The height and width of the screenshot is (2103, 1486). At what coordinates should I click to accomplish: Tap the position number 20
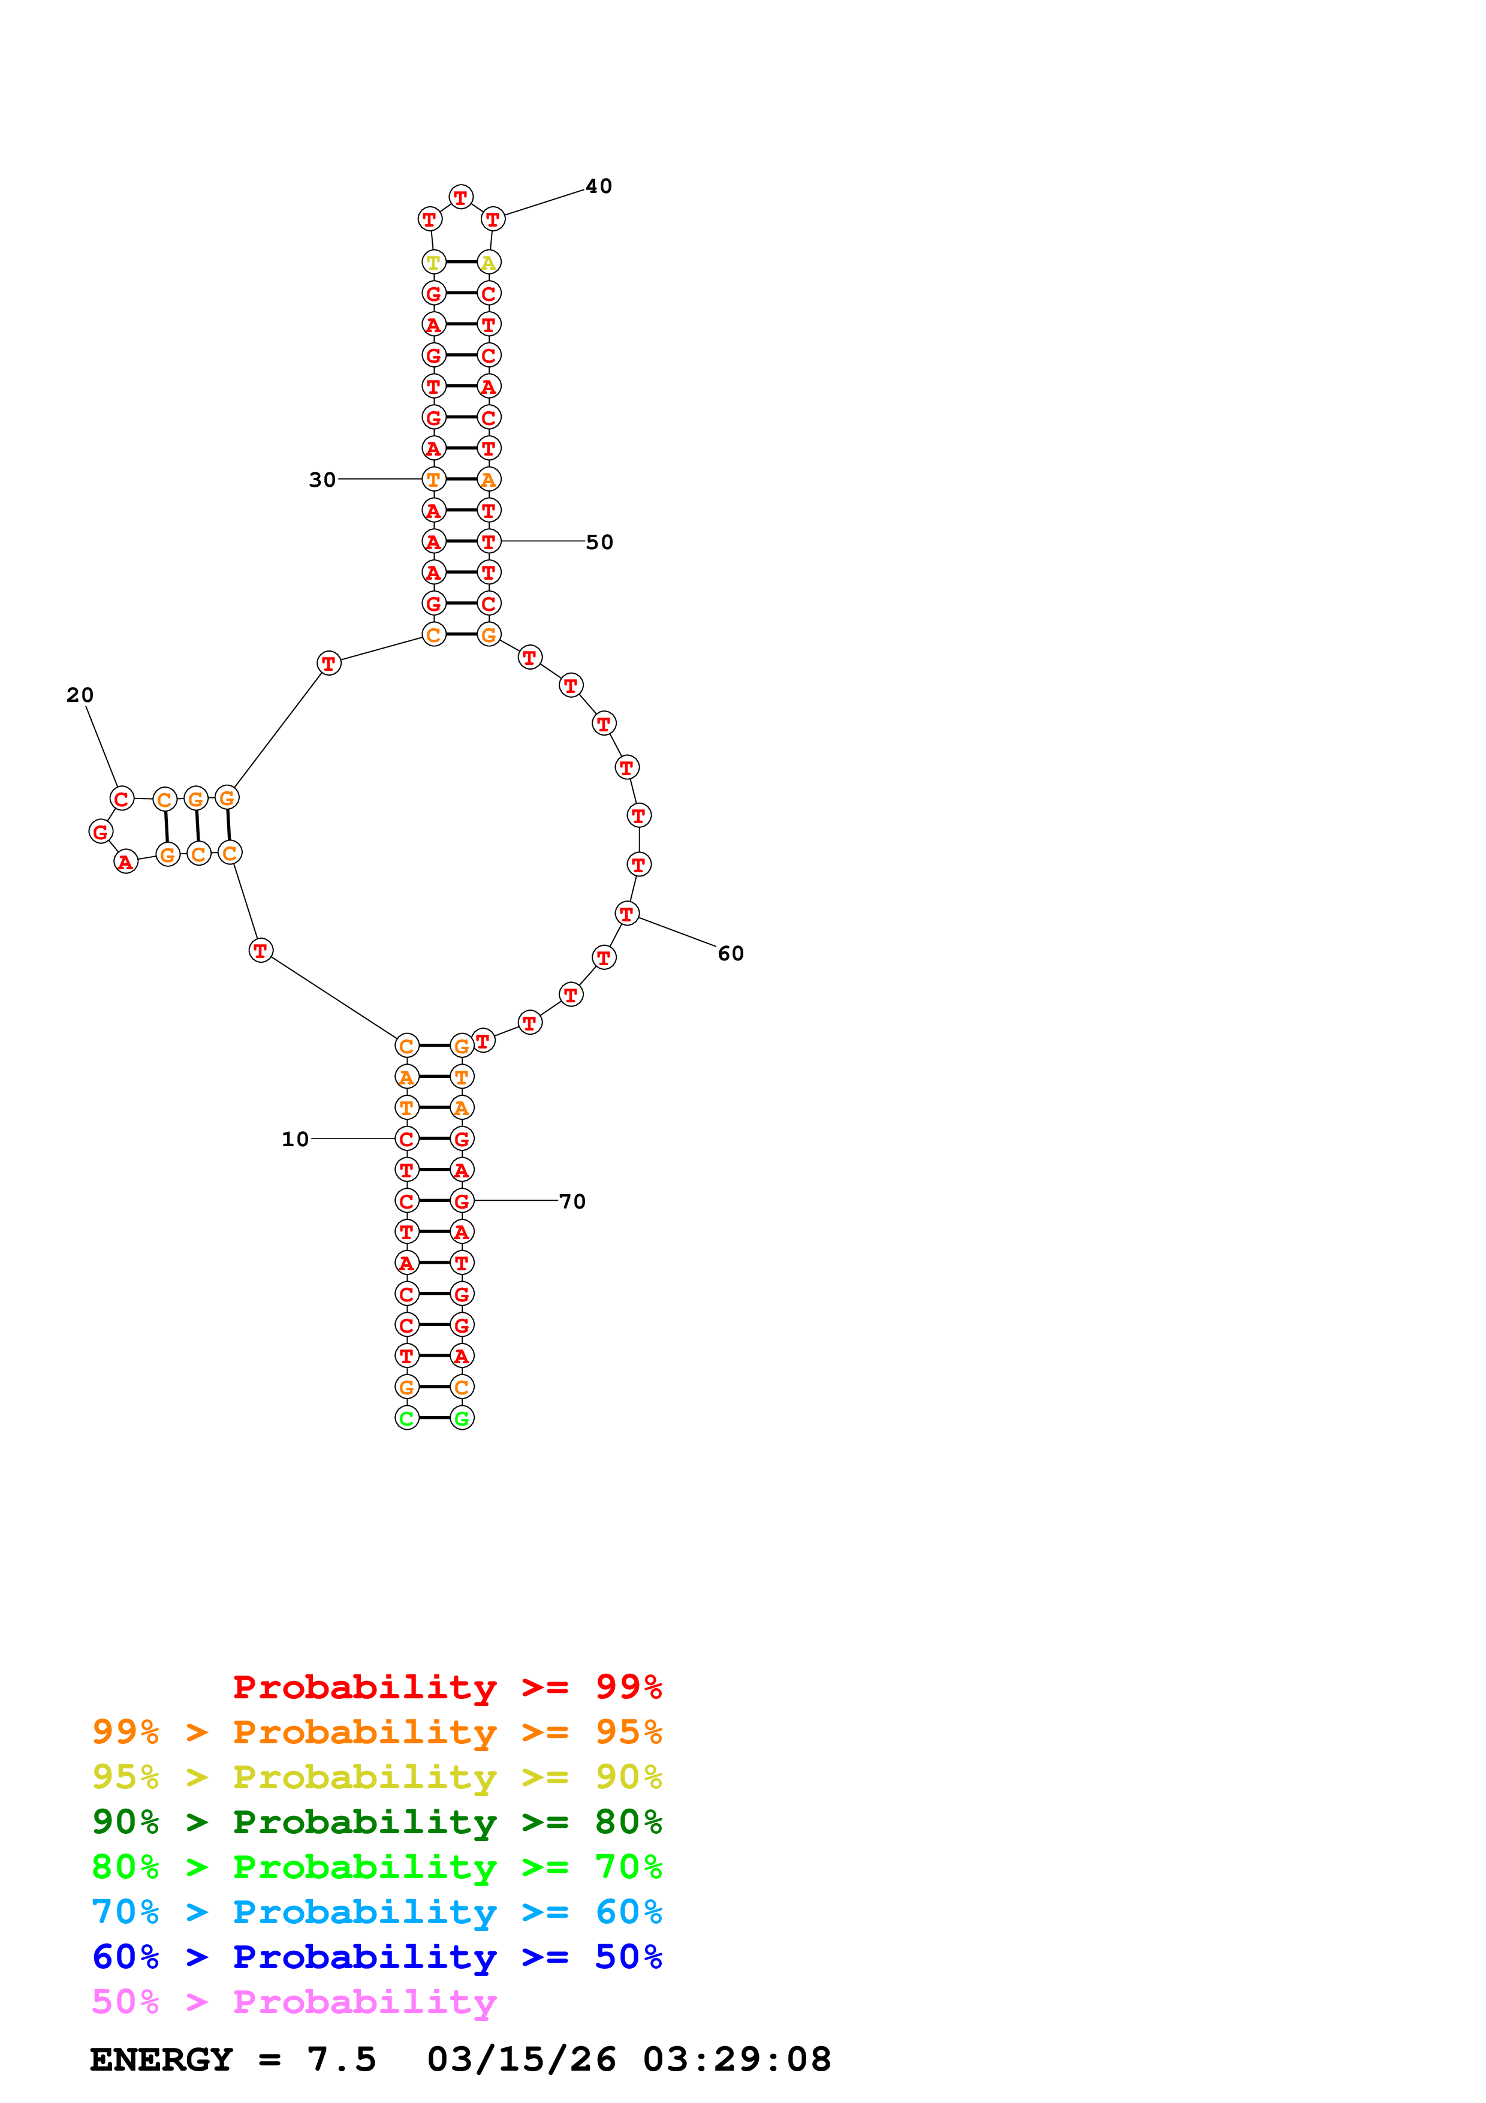click(80, 695)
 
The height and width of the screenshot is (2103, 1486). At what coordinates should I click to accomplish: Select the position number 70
click(572, 1201)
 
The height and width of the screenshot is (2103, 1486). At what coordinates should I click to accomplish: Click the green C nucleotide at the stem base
click(406, 1418)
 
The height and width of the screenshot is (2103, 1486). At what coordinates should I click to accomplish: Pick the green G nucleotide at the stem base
click(462, 1418)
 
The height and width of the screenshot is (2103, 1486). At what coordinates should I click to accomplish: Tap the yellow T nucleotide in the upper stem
click(433, 263)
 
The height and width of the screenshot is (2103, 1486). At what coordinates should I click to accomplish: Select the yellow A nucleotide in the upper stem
click(489, 263)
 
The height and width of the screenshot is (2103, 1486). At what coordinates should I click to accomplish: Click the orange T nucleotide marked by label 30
click(433, 479)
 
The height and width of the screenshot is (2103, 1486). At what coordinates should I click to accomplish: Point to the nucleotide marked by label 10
click(406, 1138)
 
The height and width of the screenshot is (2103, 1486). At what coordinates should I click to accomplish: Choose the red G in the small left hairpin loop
click(101, 831)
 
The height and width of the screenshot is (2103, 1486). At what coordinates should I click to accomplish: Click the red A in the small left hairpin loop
click(125, 862)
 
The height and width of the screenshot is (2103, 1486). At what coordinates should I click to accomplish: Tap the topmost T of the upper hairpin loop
click(460, 197)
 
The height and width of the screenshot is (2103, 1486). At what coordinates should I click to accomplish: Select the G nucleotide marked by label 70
click(462, 1201)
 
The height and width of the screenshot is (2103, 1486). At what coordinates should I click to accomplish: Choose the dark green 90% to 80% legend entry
click(376, 1822)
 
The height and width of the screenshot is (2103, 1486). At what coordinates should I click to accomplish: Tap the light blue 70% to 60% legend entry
click(376, 1912)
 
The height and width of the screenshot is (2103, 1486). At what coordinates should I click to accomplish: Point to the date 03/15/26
click(521, 2059)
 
